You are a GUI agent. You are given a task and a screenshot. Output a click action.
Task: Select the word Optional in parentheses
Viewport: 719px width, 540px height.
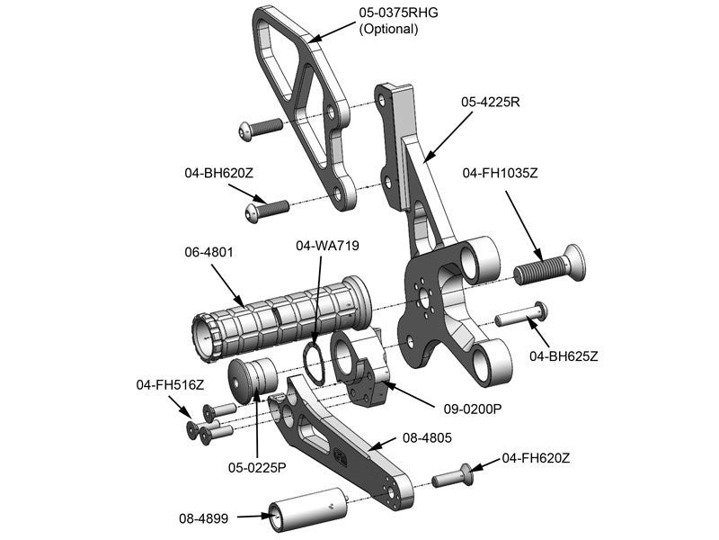point(388,29)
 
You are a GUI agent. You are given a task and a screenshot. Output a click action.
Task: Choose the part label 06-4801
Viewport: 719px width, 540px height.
point(209,253)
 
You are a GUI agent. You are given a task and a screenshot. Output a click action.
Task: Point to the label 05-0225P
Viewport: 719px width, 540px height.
point(256,467)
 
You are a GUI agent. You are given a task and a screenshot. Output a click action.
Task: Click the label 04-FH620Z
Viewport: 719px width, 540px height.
point(535,458)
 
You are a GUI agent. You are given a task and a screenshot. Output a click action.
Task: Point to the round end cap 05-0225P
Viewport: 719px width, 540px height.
point(249,375)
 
